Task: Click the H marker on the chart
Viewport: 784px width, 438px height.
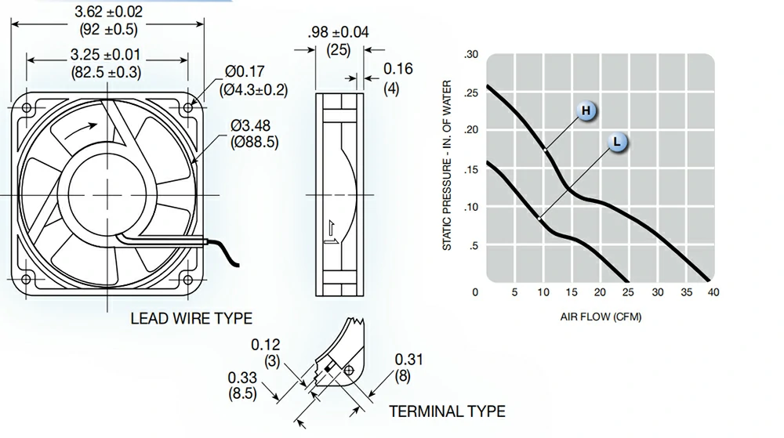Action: point(586,110)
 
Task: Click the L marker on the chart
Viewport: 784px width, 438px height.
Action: point(617,143)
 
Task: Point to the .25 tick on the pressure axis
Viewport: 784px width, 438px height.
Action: point(471,93)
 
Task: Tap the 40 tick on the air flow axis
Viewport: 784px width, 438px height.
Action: point(713,292)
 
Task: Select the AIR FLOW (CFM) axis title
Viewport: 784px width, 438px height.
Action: point(601,317)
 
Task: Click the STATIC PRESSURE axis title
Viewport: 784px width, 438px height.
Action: point(447,165)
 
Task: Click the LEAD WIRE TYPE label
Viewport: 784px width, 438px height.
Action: point(191,319)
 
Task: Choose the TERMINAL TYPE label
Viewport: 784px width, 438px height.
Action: point(448,411)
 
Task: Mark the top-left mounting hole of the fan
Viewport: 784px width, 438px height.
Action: point(27,108)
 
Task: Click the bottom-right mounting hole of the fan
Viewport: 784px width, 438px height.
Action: point(188,280)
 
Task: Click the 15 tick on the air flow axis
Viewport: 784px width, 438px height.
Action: point(572,292)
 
